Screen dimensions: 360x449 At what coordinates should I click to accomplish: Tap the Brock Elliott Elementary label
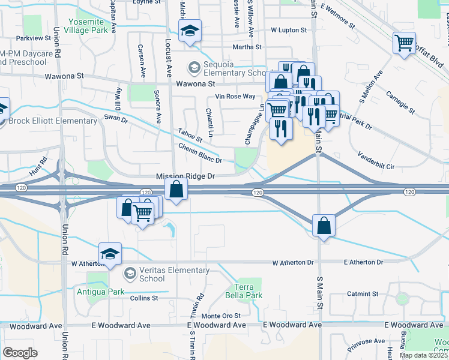[53, 121]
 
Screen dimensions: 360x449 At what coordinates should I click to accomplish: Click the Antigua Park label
[100, 292]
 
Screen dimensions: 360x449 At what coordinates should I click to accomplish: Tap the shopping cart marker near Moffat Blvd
[405, 43]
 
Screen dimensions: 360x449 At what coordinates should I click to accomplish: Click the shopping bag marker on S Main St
[324, 226]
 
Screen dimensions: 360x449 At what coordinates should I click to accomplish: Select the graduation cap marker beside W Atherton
[110, 254]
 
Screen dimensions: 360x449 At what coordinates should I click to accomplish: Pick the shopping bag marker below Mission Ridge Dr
[175, 190]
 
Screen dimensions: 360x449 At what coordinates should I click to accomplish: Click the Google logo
[20, 352]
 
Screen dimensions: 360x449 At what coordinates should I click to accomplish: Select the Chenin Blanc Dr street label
[200, 153]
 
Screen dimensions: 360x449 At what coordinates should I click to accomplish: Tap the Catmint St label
[363, 294]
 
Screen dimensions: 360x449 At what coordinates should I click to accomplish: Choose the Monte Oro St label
[220, 316]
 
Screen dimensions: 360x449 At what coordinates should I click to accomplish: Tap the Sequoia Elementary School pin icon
[194, 68]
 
